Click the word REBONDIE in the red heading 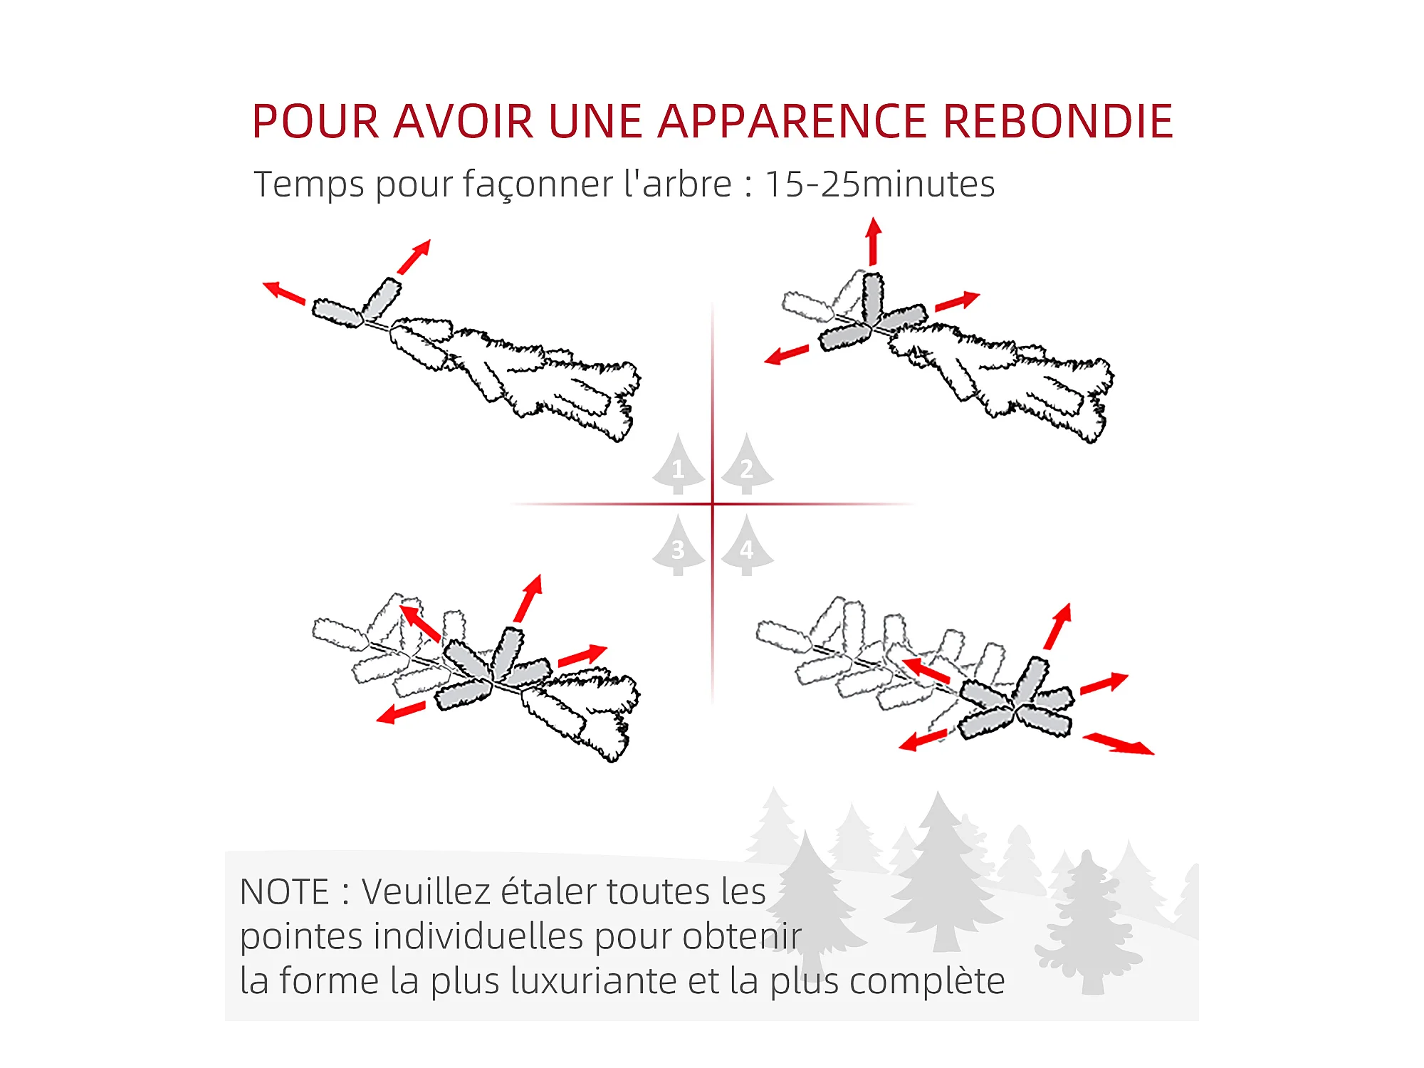tap(1058, 121)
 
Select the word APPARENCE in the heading tap(792, 121)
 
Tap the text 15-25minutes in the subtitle tap(879, 184)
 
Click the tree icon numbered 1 tap(679, 464)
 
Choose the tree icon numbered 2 tap(747, 464)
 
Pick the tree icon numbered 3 tap(679, 546)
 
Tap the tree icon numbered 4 tap(747, 546)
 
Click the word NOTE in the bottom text tap(285, 892)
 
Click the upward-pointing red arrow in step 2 tap(874, 242)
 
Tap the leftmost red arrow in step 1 tap(284, 293)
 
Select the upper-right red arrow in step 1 tap(414, 256)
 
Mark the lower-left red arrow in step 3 tap(401, 713)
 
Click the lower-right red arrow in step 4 tap(1119, 744)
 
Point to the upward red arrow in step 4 tap(1058, 627)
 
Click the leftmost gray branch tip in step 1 tap(337, 313)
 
